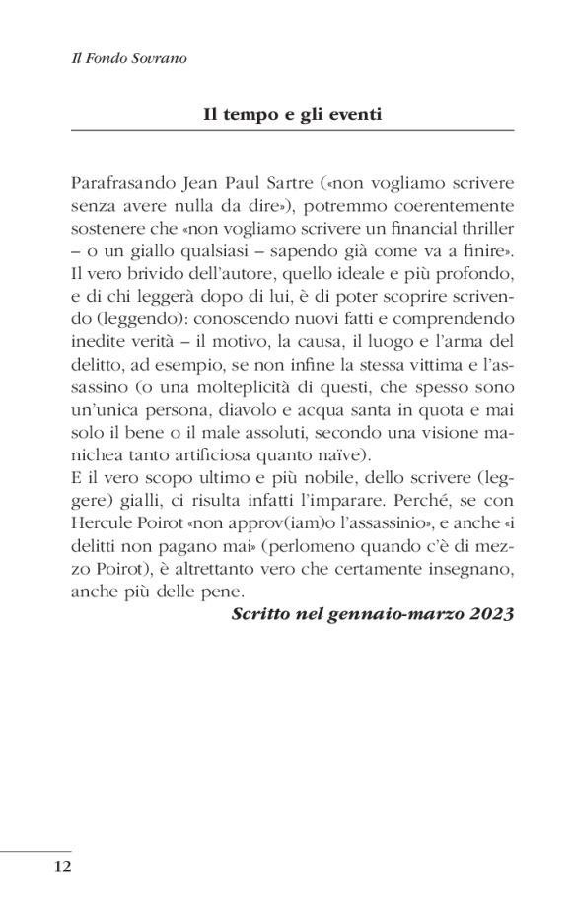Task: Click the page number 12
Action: pyautogui.click(x=62, y=868)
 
